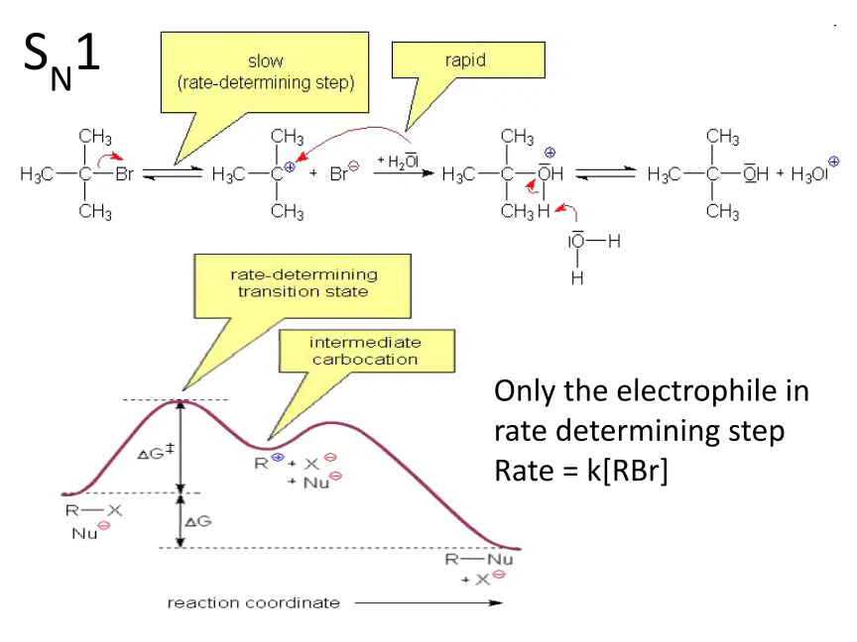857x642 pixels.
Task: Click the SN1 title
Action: coord(61,60)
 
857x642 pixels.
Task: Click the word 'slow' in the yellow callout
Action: coord(266,61)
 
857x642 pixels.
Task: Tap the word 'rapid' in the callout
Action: coord(465,60)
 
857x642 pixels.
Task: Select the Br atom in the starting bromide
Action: coord(125,174)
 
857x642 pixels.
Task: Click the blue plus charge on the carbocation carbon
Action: coord(290,167)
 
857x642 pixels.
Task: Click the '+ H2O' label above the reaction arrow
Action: coord(399,161)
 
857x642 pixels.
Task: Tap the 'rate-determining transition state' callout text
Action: coord(304,282)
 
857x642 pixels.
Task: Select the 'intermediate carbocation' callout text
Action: coord(365,351)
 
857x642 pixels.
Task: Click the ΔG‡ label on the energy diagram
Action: coord(156,452)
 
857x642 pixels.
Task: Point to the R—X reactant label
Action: coord(93,510)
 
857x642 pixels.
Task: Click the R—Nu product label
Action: coord(479,559)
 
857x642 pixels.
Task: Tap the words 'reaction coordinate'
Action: coord(254,602)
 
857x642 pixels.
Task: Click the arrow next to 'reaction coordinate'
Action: coord(428,602)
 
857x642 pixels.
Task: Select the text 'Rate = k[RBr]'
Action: coord(581,471)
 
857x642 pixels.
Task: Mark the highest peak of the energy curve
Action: coord(180,400)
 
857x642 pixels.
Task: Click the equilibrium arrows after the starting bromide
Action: coord(173,173)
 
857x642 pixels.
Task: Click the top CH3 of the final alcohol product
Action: coord(722,136)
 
